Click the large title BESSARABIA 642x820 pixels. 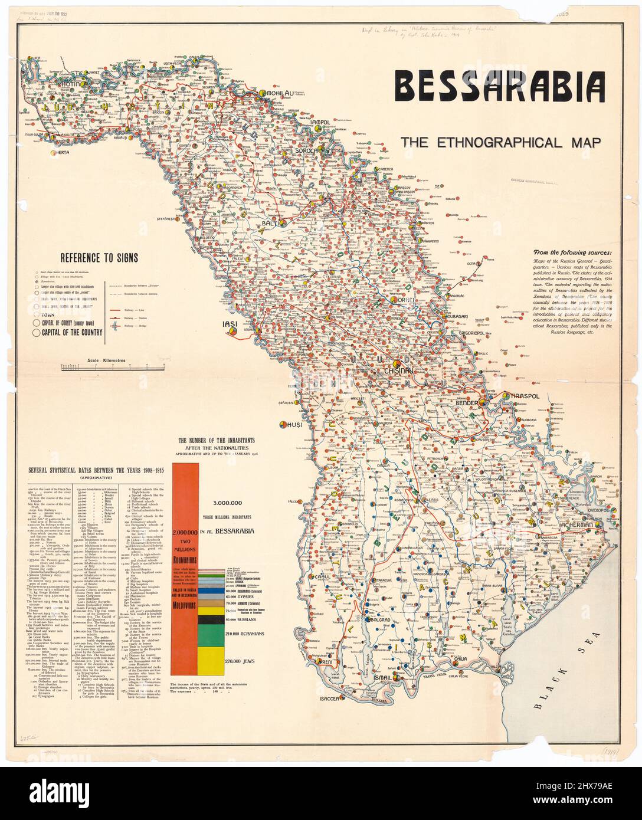click(x=500, y=86)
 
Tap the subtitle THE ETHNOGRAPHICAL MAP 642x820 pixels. click(x=500, y=142)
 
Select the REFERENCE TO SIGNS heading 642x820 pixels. click(x=99, y=257)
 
